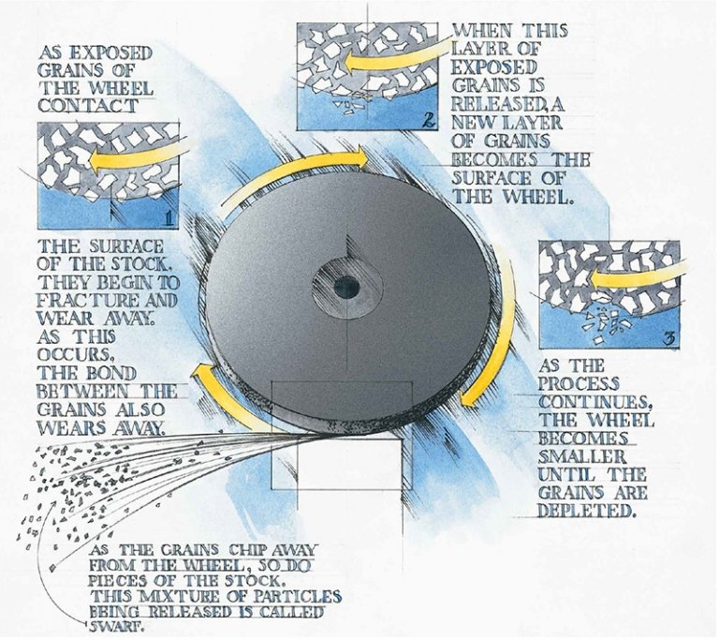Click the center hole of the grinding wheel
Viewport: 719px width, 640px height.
tap(347, 288)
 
